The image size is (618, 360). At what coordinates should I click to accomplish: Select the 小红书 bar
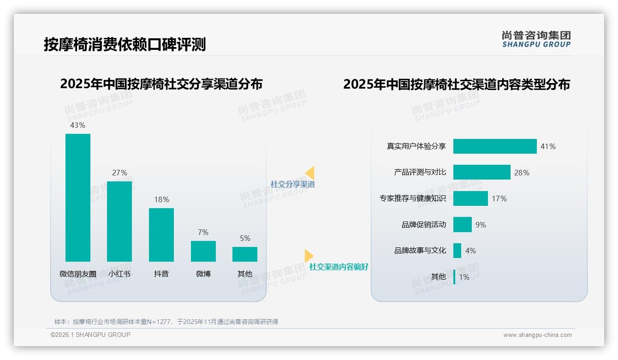[119, 222]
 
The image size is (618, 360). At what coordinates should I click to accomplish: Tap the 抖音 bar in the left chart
[161, 235]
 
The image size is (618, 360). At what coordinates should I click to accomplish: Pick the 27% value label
[119, 173]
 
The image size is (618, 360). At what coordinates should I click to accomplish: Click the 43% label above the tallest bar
[77, 125]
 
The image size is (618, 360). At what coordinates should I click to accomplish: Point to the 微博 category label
[203, 274]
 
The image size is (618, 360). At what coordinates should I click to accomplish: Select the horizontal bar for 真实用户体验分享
[495, 146]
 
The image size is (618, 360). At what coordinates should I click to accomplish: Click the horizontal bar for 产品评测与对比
[481, 172]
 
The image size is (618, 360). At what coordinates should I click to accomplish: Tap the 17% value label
[499, 198]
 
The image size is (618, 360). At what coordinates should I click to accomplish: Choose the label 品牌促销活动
[424, 225]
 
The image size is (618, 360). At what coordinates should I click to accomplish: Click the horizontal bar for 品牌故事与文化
[457, 251]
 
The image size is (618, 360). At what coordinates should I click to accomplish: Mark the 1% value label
[464, 277]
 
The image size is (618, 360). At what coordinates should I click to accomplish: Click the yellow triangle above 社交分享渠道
[310, 173]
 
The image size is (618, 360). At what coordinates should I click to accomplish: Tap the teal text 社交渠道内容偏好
[339, 267]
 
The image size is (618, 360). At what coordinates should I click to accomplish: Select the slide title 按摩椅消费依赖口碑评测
[125, 44]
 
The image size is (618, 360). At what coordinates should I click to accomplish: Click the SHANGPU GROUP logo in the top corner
[536, 39]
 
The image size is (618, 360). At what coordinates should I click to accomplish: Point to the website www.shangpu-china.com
[537, 335]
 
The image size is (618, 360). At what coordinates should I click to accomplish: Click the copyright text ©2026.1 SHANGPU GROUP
[90, 335]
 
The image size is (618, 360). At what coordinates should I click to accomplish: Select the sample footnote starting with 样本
[166, 322]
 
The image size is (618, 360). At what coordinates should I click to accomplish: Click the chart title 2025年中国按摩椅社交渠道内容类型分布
[457, 84]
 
